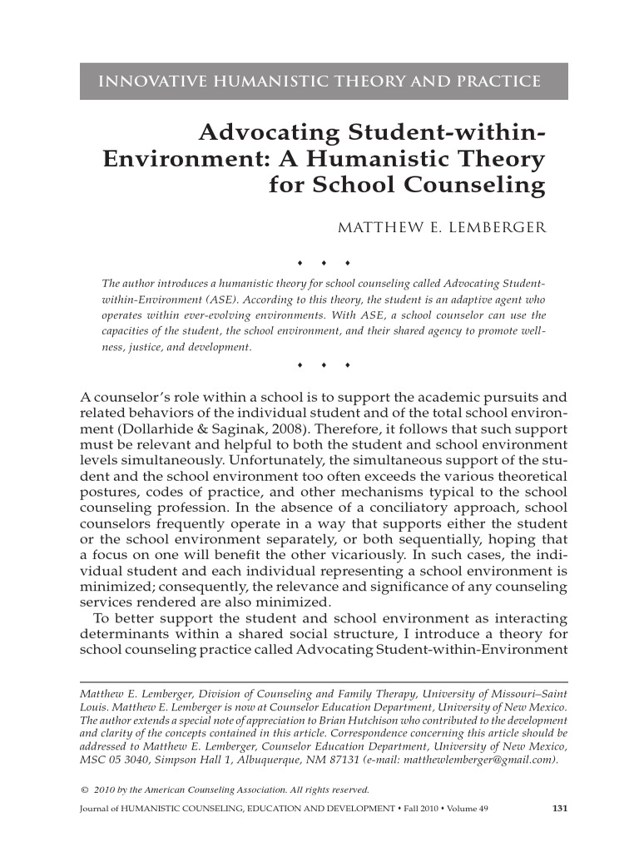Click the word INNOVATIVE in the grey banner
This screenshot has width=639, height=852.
146,81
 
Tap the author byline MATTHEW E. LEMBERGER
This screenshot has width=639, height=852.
438,227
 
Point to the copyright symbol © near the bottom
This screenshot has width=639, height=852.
82,790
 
